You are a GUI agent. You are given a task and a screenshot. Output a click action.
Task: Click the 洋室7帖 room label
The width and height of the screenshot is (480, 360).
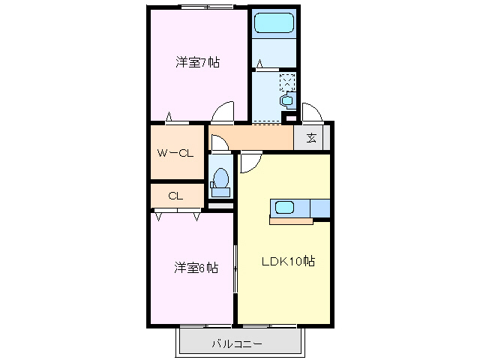click(x=197, y=62)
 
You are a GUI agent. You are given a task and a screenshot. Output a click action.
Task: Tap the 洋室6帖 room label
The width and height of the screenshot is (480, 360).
click(x=196, y=267)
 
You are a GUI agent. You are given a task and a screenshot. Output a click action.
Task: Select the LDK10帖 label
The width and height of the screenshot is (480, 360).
click(x=287, y=262)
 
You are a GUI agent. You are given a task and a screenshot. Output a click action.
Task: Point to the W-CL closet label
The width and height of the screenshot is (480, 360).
click(x=175, y=153)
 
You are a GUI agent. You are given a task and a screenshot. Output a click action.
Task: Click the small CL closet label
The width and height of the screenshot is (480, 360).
click(x=175, y=196)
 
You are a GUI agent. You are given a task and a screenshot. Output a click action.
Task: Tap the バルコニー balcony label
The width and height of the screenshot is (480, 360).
click(x=236, y=345)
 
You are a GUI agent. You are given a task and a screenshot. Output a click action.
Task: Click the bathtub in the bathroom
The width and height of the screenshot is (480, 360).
click(x=274, y=22)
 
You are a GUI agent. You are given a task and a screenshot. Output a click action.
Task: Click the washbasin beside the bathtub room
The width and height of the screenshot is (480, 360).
click(x=285, y=100)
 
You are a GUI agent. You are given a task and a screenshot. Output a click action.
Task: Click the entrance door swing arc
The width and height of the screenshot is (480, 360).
click(x=312, y=112)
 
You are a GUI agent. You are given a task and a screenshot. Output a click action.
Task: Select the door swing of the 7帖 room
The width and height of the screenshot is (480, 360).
click(x=223, y=112)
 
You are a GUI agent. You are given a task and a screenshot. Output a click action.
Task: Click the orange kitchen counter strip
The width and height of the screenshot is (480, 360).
click(x=291, y=220)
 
